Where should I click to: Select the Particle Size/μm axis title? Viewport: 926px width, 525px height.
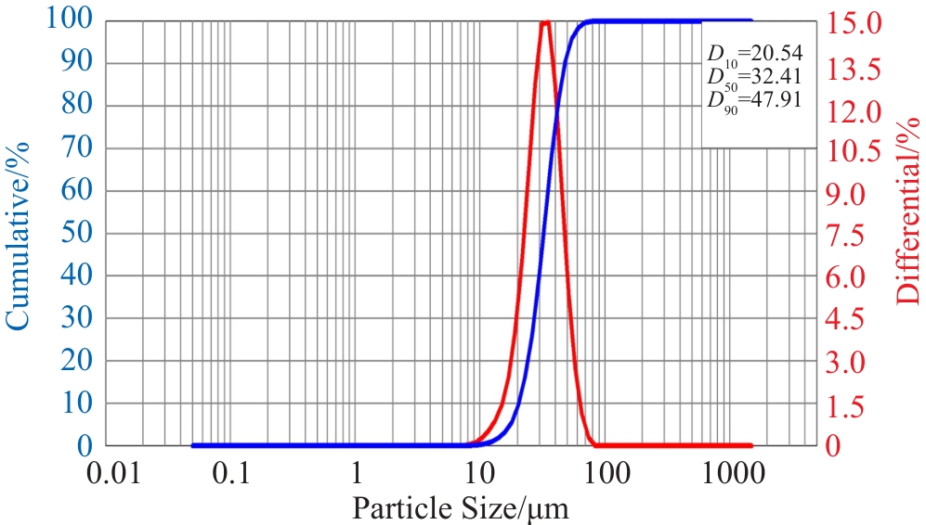tap(461, 507)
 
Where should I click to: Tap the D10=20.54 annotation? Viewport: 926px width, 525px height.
tap(754, 54)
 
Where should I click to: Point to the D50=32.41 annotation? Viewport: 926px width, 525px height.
tap(754, 75)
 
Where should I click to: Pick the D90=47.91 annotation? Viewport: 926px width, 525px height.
tap(754, 97)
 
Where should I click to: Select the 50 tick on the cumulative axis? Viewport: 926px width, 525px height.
tap(78, 234)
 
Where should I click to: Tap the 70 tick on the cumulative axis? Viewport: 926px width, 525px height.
tap(78, 148)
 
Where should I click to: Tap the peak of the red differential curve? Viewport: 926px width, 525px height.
tap(545, 23)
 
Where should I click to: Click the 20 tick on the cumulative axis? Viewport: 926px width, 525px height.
tap(78, 361)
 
